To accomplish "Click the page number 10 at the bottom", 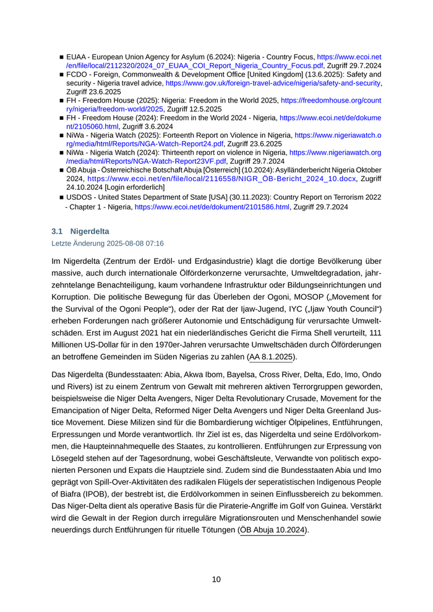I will [216, 579].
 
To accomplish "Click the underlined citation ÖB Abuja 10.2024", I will [273, 530].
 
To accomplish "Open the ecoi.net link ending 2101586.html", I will [212, 206].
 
